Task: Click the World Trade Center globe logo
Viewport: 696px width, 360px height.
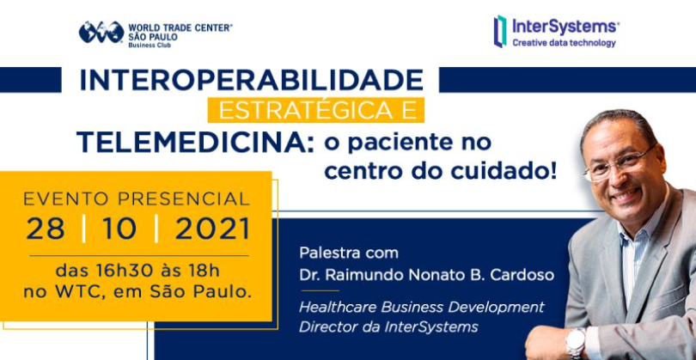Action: pos(101,33)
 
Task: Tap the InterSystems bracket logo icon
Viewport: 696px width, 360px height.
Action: pos(500,31)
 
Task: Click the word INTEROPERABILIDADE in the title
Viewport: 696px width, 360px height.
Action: pos(251,81)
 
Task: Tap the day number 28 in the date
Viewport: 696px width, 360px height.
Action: pos(46,229)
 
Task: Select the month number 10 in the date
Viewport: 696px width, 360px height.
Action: pos(119,229)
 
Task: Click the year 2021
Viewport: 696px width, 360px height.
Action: pos(212,229)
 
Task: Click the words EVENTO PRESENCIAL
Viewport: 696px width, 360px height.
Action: pos(137,199)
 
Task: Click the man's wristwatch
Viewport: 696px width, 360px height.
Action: pos(576,343)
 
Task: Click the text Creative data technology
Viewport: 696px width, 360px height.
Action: pos(565,43)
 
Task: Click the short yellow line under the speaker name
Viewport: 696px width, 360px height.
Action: pos(320,290)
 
